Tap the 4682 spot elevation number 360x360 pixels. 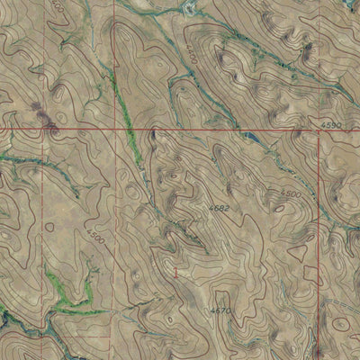click(220, 209)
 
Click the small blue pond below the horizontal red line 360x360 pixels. click(245, 136)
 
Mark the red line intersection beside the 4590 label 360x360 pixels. click(319, 131)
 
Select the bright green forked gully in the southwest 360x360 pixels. click(67, 297)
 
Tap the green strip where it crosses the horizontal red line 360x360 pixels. click(131, 131)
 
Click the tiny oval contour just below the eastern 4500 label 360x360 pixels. click(280, 209)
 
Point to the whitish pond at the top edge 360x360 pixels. click(190, 6)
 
